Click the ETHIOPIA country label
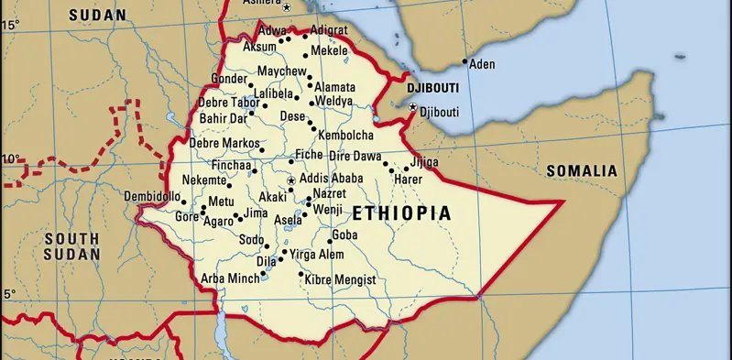coord(402,213)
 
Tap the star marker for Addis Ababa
coord(291,181)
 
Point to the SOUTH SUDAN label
coord(71,245)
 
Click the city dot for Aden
coord(464,62)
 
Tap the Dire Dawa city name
coord(355,157)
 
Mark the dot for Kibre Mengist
coord(300,274)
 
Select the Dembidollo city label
coord(152,197)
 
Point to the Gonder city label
coord(230,79)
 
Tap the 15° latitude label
coord(9,25)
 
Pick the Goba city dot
coord(330,241)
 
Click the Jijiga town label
coord(423,162)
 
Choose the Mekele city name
coord(329,51)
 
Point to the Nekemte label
coord(203,180)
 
